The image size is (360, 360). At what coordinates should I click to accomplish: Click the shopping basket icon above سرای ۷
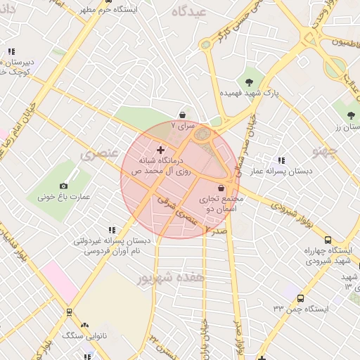[x=183, y=115]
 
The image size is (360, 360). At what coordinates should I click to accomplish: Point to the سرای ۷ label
[x=182, y=127]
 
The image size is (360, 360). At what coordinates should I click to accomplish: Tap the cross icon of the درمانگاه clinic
[x=161, y=150]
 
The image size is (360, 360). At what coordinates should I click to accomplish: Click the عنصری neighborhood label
[x=97, y=154]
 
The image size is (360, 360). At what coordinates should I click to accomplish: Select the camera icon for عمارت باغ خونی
[x=64, y=186]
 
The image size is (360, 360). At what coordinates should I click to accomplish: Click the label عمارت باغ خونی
[x=64, y=198]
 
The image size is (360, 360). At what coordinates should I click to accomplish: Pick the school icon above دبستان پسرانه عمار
[x=281, y=160]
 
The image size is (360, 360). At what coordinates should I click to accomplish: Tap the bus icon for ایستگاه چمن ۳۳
[x=301, y=298]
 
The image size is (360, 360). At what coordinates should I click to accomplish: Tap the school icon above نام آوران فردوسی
[x=111, y=229]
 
